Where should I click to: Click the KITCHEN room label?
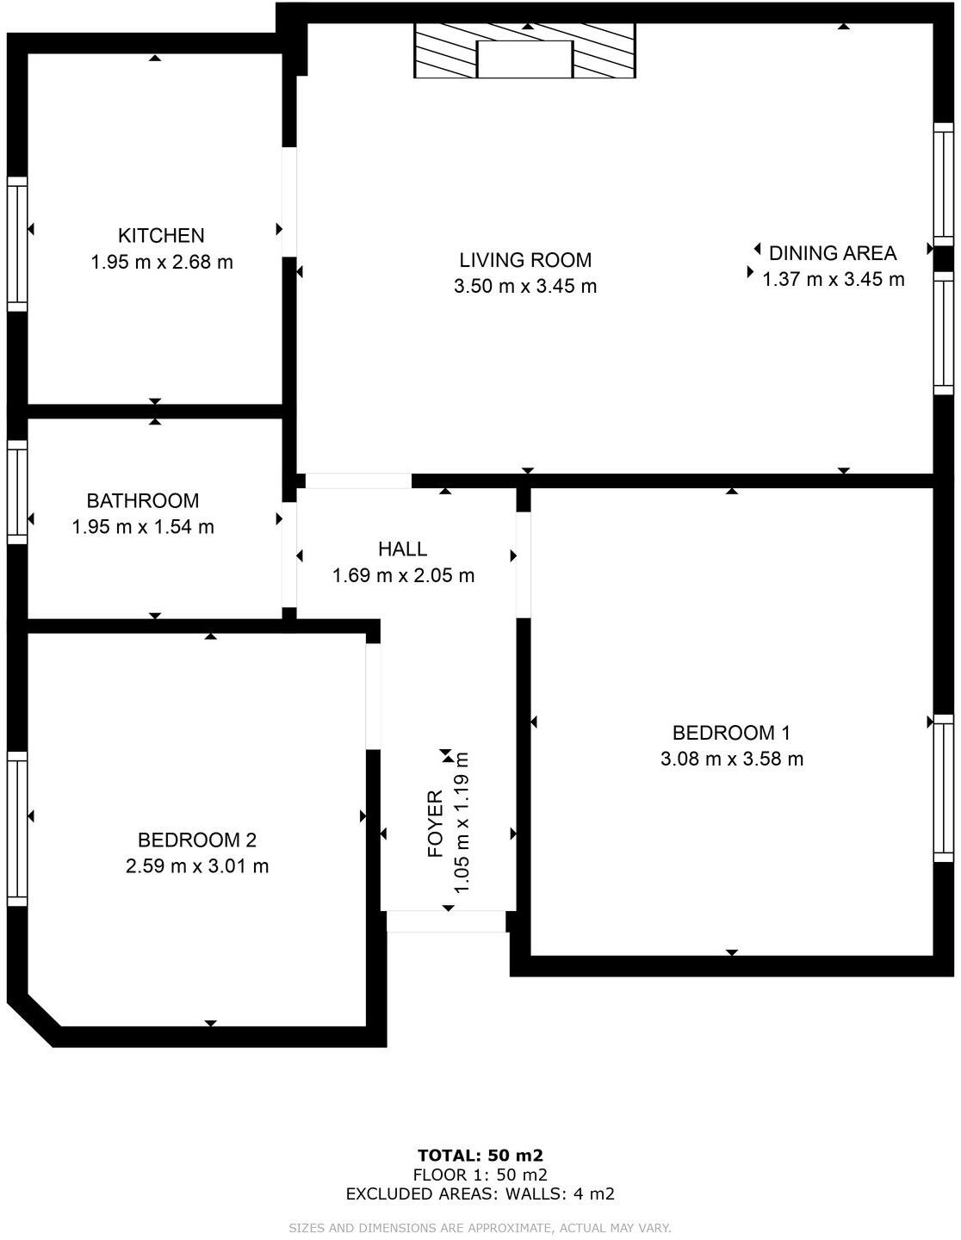point(161,235)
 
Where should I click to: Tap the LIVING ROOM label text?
point(524,260)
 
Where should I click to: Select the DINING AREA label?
point(832,253)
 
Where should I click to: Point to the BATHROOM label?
point(143,500)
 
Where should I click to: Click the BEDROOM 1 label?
point(731,733)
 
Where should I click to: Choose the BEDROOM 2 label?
point(197,840)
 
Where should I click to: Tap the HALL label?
point(402,549)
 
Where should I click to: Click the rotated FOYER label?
point(436,823)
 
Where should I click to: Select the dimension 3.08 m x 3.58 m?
point(731,759)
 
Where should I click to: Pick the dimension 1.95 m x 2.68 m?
point(161,262)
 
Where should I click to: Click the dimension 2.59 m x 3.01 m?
point(197,866)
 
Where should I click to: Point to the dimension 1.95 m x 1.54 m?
point(143,527)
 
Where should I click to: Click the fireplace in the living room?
point(524,52)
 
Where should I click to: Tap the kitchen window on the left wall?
point(17,244)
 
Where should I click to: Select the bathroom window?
point(17,492)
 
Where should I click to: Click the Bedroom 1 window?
point(944,788)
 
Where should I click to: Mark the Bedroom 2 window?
point(17,828)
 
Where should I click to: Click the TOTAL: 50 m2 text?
point(480,1156)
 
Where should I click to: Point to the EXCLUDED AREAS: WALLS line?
point(480,1193)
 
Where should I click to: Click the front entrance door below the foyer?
point(445,921)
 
